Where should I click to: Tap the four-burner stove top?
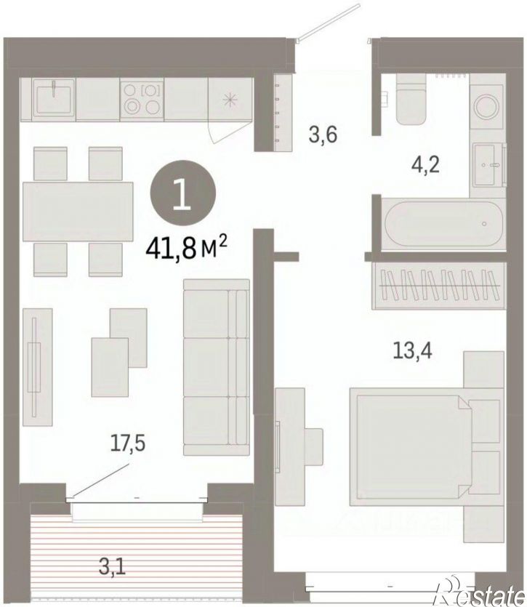point(142,99)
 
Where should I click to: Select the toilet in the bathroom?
point(411,99)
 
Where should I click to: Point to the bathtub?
point(443,224)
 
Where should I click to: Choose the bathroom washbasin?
point(486,164)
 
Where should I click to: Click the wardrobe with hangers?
point(439,286)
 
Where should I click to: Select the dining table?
point(78,212)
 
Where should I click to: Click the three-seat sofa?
point(216,367)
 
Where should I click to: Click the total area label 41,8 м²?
point(186,247)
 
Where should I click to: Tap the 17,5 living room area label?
point(127,443)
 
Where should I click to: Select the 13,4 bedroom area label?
point(412,350)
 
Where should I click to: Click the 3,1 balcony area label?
point(112,568)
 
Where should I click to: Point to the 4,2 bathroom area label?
point(425,166)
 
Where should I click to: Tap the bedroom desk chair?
point(313,446)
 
